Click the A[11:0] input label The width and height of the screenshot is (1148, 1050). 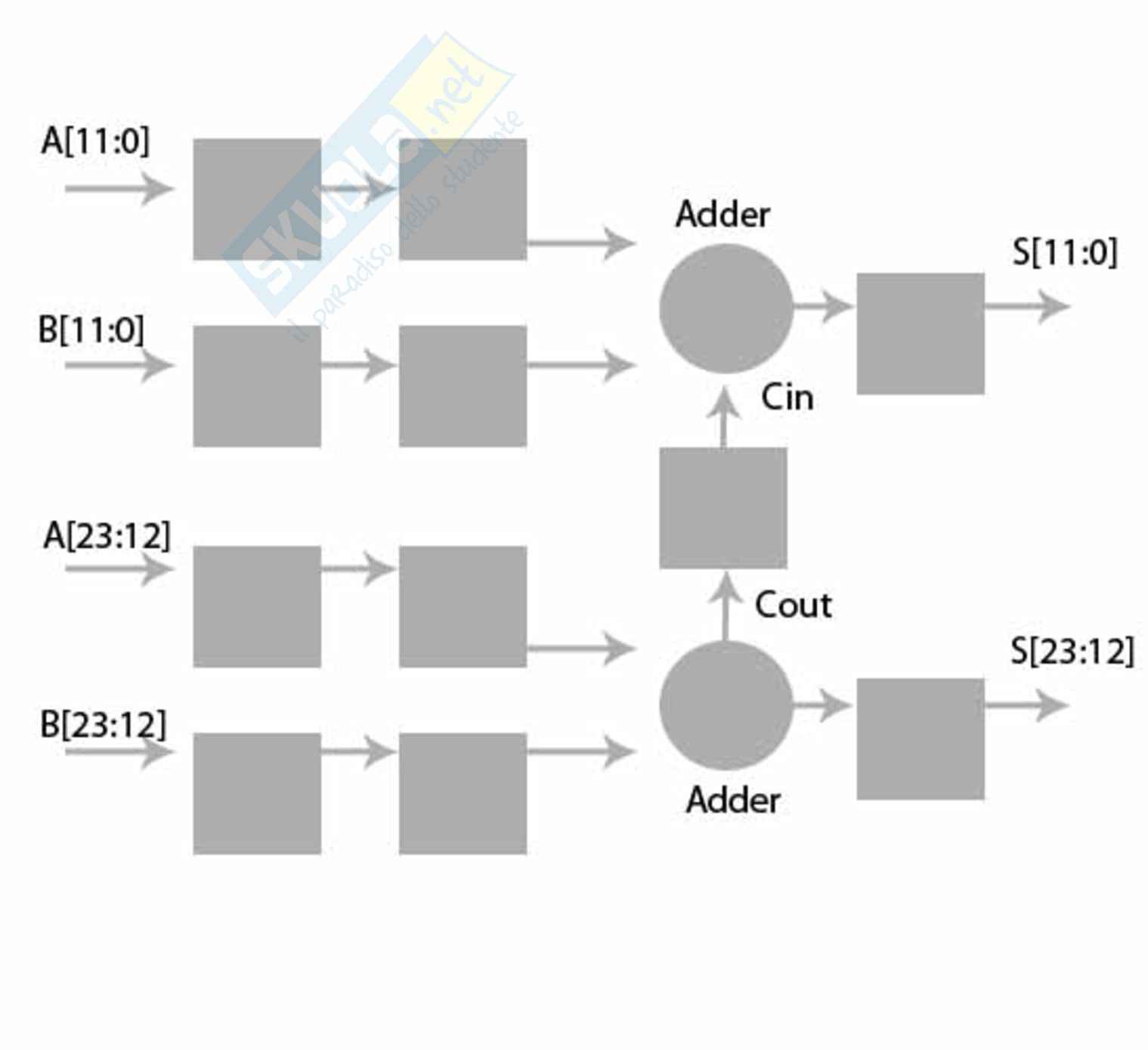click(x=95, y=141)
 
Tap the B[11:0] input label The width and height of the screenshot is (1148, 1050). click(x=91, y=330)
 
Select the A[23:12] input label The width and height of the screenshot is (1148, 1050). click(x=107, y=536)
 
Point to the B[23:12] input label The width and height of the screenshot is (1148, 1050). click(x=103, y=724)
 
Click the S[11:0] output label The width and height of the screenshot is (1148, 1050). click(x=1064, y=252)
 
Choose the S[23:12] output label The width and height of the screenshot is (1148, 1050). click(x=1072, y=651)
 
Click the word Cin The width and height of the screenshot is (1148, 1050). click(x=787, y=398)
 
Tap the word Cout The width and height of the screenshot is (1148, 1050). click(x=793, y=605)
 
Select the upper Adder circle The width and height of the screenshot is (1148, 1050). click(x=726, y=308)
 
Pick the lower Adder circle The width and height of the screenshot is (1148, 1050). click(x=726, y=705)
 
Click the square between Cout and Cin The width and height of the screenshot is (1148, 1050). click(x=723, y=507)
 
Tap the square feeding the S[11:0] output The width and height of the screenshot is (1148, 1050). click(x=920, y=333)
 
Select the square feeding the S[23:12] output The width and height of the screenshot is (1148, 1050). click(x=920, y=739)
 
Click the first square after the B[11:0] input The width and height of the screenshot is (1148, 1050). click(x=257, y=386)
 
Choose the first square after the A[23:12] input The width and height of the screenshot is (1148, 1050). click(x=257, y=606)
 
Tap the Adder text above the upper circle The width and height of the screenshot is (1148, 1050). click(x=723, y=215)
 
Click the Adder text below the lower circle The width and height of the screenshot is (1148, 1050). click(x=732, y=800)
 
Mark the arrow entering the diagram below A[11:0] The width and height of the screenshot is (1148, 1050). click(x=119, y=188)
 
